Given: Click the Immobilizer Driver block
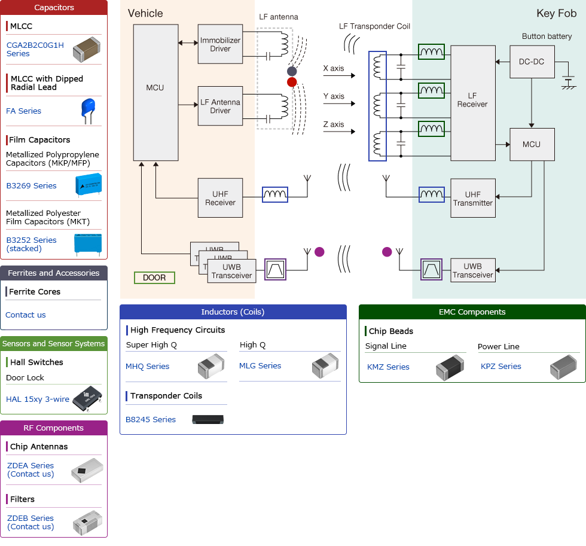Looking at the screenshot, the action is coord(220,44).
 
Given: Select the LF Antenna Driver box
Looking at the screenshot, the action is coord(220,106).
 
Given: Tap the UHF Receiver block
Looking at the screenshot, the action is coord(220,198).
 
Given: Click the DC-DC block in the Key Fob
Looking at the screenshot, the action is coord(531,62).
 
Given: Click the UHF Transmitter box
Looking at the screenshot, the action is coord(472,199).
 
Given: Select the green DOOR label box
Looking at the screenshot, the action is coord(154,277).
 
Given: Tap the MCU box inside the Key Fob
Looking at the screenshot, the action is coord(531,144).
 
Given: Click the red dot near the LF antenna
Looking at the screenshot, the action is coord(292,82).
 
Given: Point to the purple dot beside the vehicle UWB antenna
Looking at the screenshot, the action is coord(319,252).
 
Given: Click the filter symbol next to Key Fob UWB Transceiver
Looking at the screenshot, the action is coord(431,270).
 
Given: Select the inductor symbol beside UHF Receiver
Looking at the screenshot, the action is coord(275,194).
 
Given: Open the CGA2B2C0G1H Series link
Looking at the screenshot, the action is coord(35,49).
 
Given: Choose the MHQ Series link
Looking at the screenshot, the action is coord(147,366).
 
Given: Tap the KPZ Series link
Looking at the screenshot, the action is coord(500,366).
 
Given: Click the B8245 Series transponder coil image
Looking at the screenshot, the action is coord(207,419).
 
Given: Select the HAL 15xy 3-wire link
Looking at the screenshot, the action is coord(38,399).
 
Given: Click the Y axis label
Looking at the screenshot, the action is coord(333,96).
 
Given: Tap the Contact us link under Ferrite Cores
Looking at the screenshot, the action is coord(26,315).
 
